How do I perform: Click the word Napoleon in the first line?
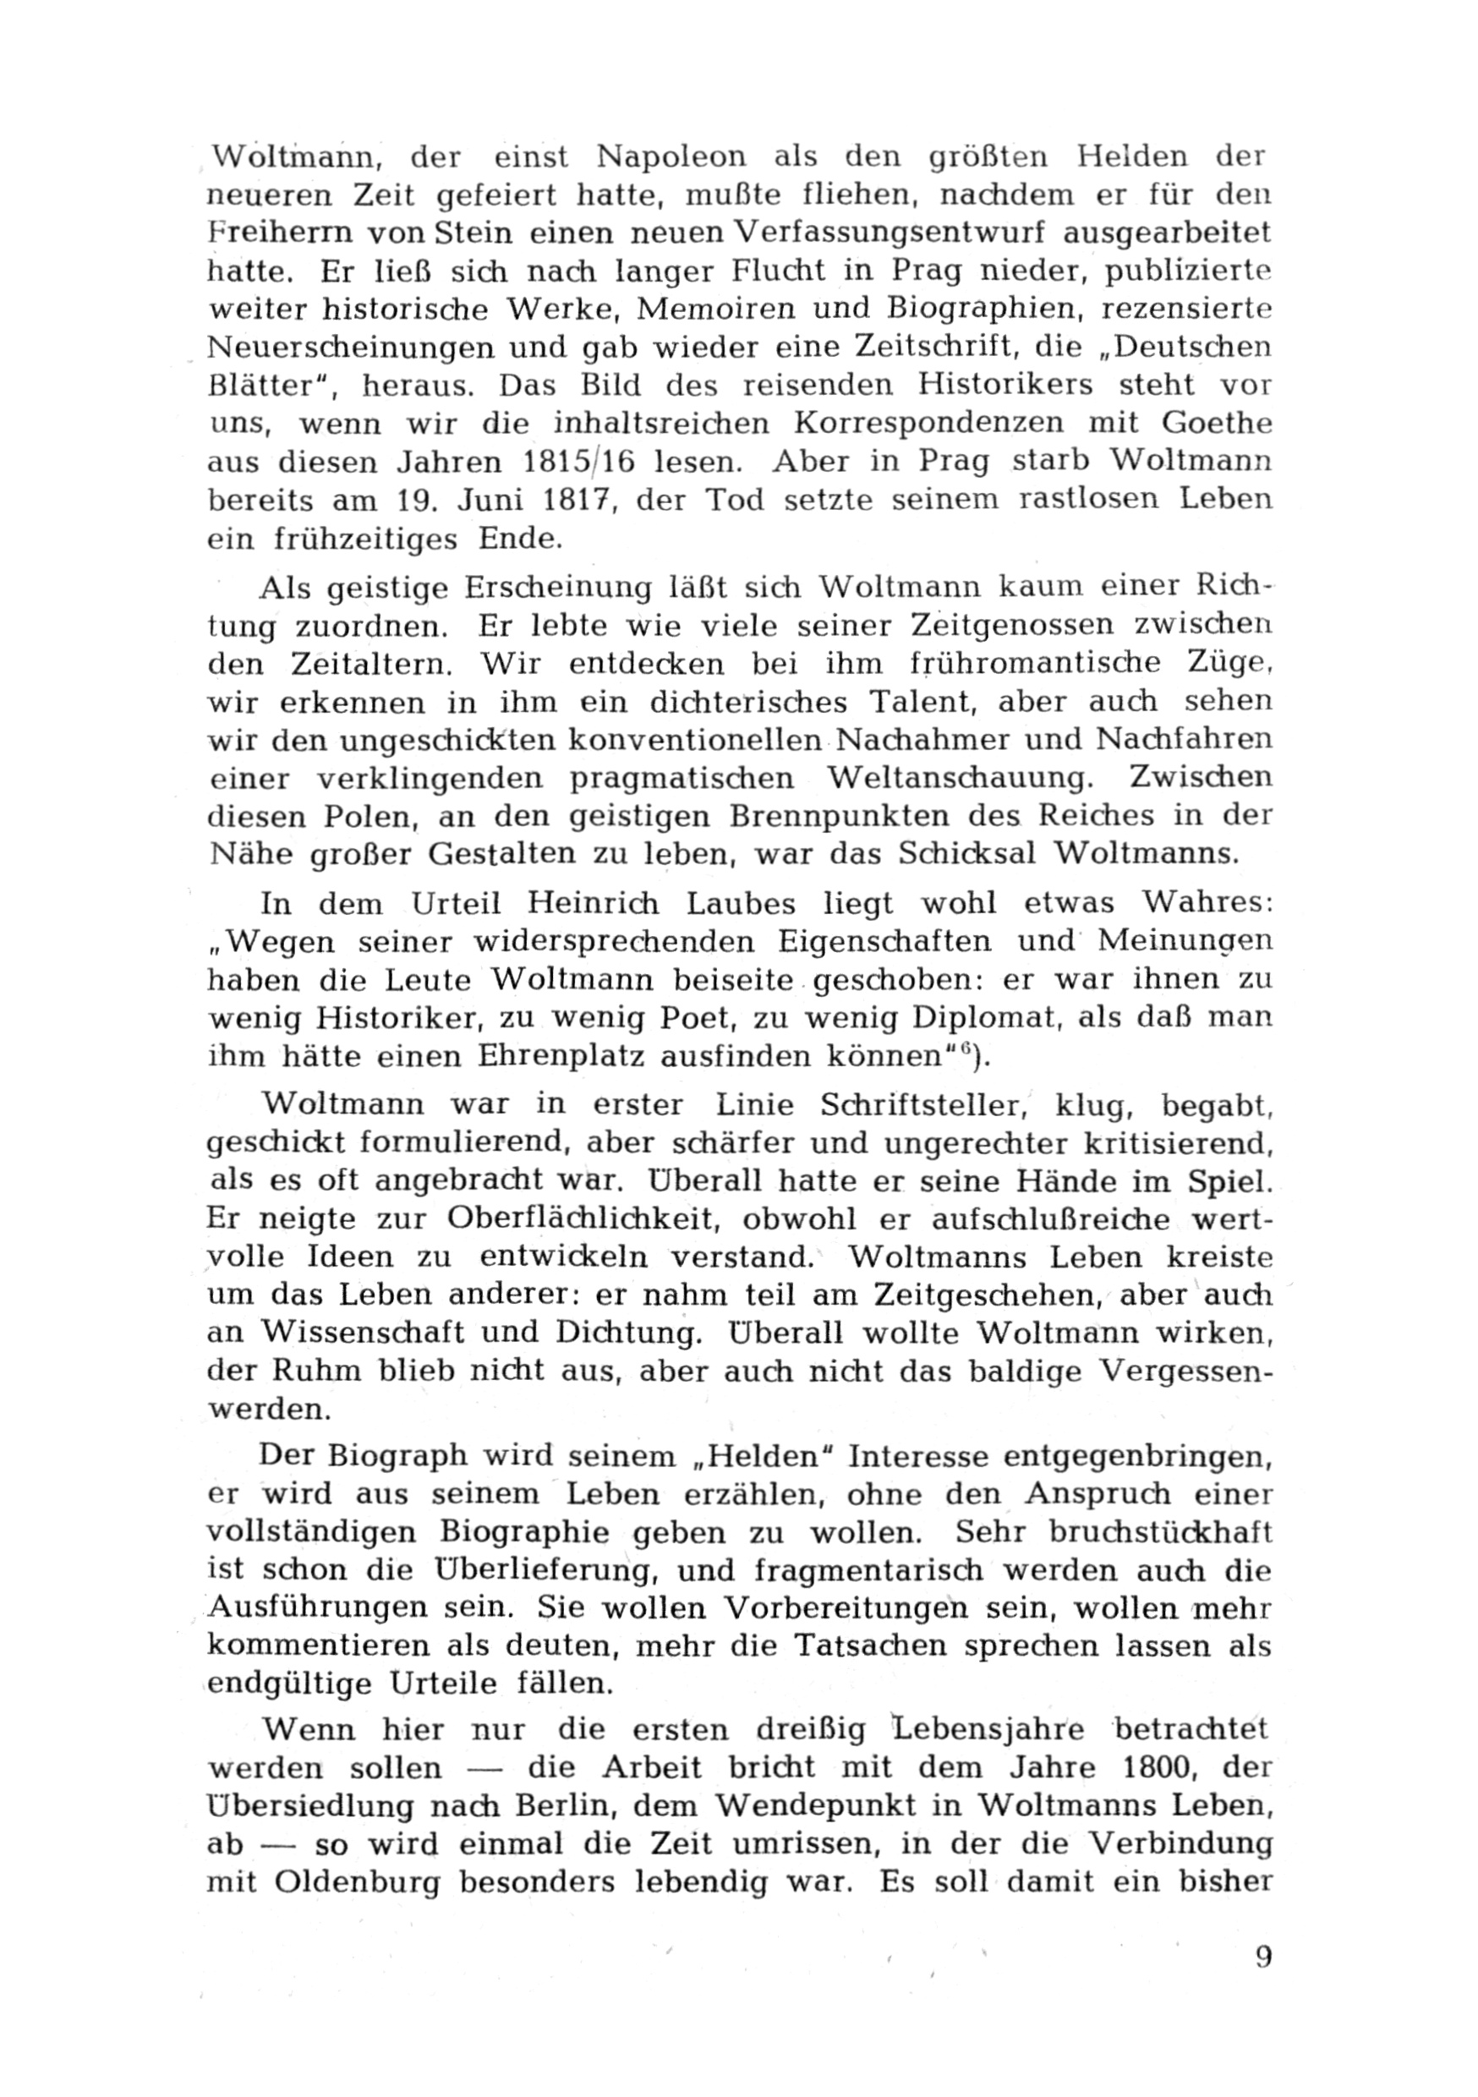click(x=671, y=157)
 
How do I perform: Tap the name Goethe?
click(x=1217, y=424)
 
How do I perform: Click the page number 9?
click(x=1263, y=1983)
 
